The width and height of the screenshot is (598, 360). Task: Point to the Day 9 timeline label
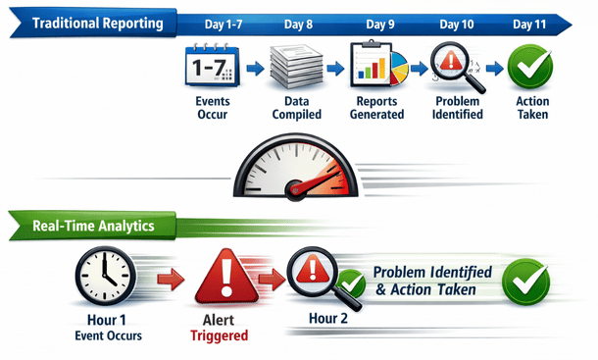(x=381, y=22)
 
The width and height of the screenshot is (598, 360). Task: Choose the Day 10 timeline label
(x=457, y=22)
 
